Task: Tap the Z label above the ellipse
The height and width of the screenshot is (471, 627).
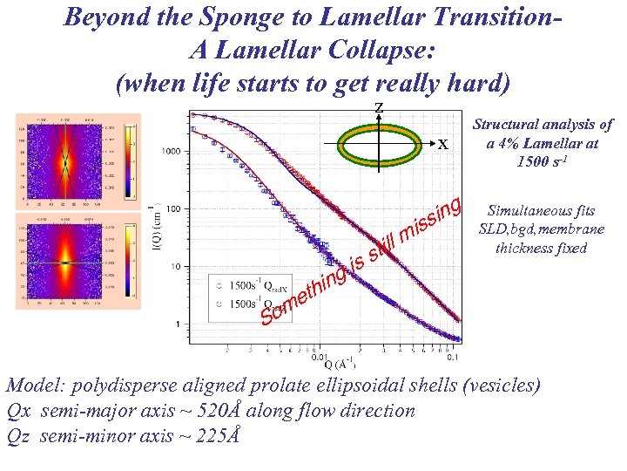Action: tap(378, 107)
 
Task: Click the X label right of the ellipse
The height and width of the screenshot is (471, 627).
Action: tap(442, 145)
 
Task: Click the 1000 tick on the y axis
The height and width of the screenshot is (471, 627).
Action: tap(170, 152)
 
